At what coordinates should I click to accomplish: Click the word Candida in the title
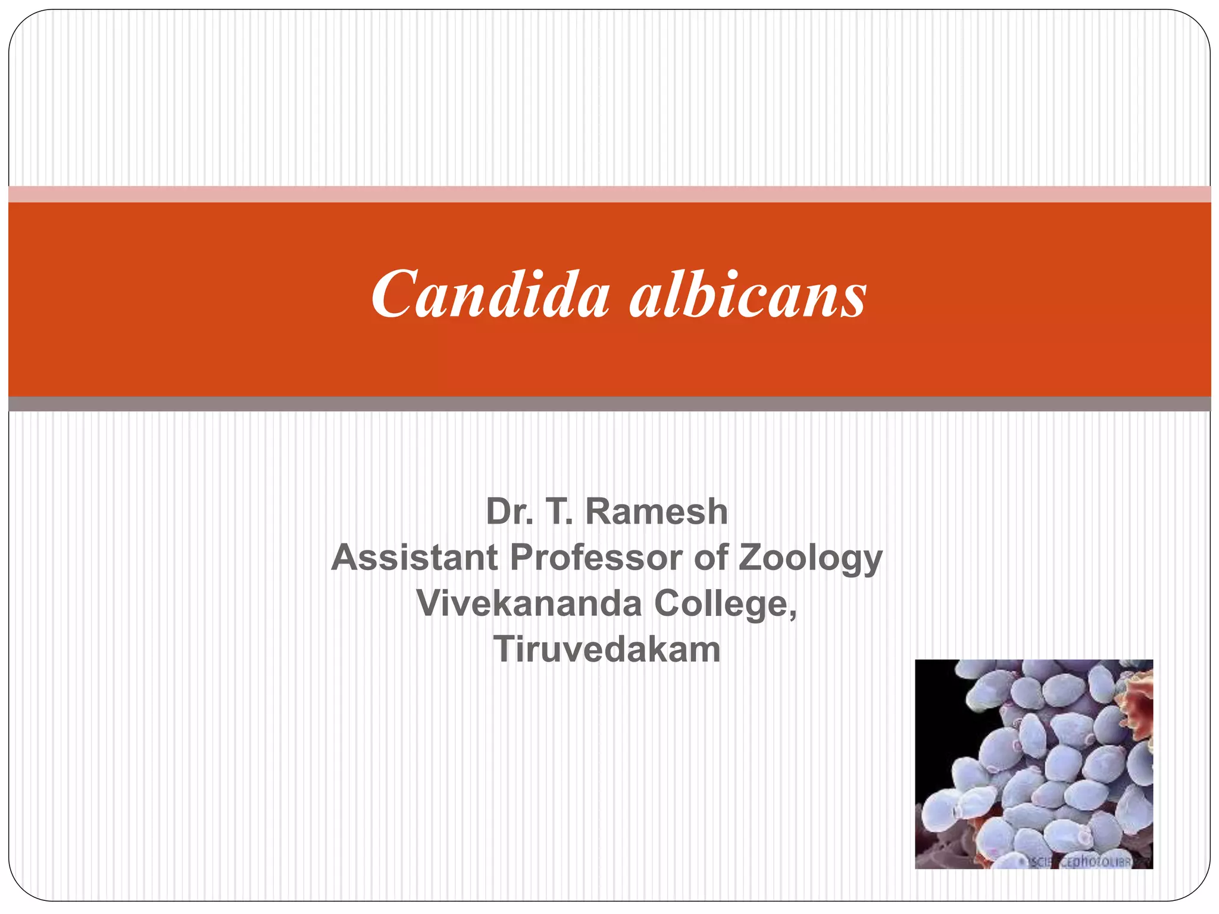pos(490,295)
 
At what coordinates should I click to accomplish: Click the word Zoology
pos(810,559)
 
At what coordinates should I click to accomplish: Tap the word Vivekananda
pos(529,603)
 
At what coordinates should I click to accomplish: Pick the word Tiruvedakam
pos(607,649)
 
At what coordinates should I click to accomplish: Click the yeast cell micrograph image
pos(1033,764)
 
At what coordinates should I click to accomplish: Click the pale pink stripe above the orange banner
pos(609,194)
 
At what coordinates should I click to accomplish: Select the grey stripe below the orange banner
pos(609,404)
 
